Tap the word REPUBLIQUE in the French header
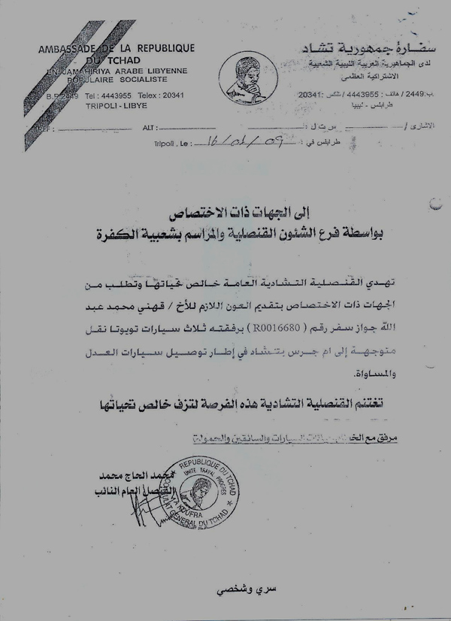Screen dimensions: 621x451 [165, 49]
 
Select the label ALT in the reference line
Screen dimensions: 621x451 [148, 128]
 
